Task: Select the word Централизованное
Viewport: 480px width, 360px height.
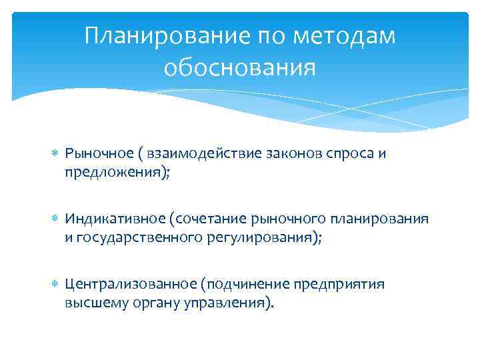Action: [x=117, y=284]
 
